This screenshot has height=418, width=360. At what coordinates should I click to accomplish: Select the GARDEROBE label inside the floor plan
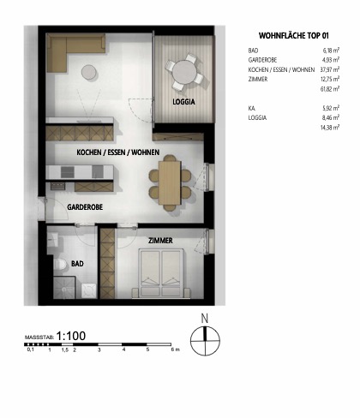tap(85, 207)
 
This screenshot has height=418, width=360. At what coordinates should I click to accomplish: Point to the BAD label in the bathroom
tap(76, 266)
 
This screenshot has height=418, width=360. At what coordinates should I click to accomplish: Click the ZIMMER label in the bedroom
tap(160, 242)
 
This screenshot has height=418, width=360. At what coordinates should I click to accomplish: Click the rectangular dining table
tap(170, 182)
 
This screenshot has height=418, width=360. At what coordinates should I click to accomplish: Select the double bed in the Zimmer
tap(164, 274)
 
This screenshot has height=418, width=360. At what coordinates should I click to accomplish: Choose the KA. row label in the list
tap(251, 108)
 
